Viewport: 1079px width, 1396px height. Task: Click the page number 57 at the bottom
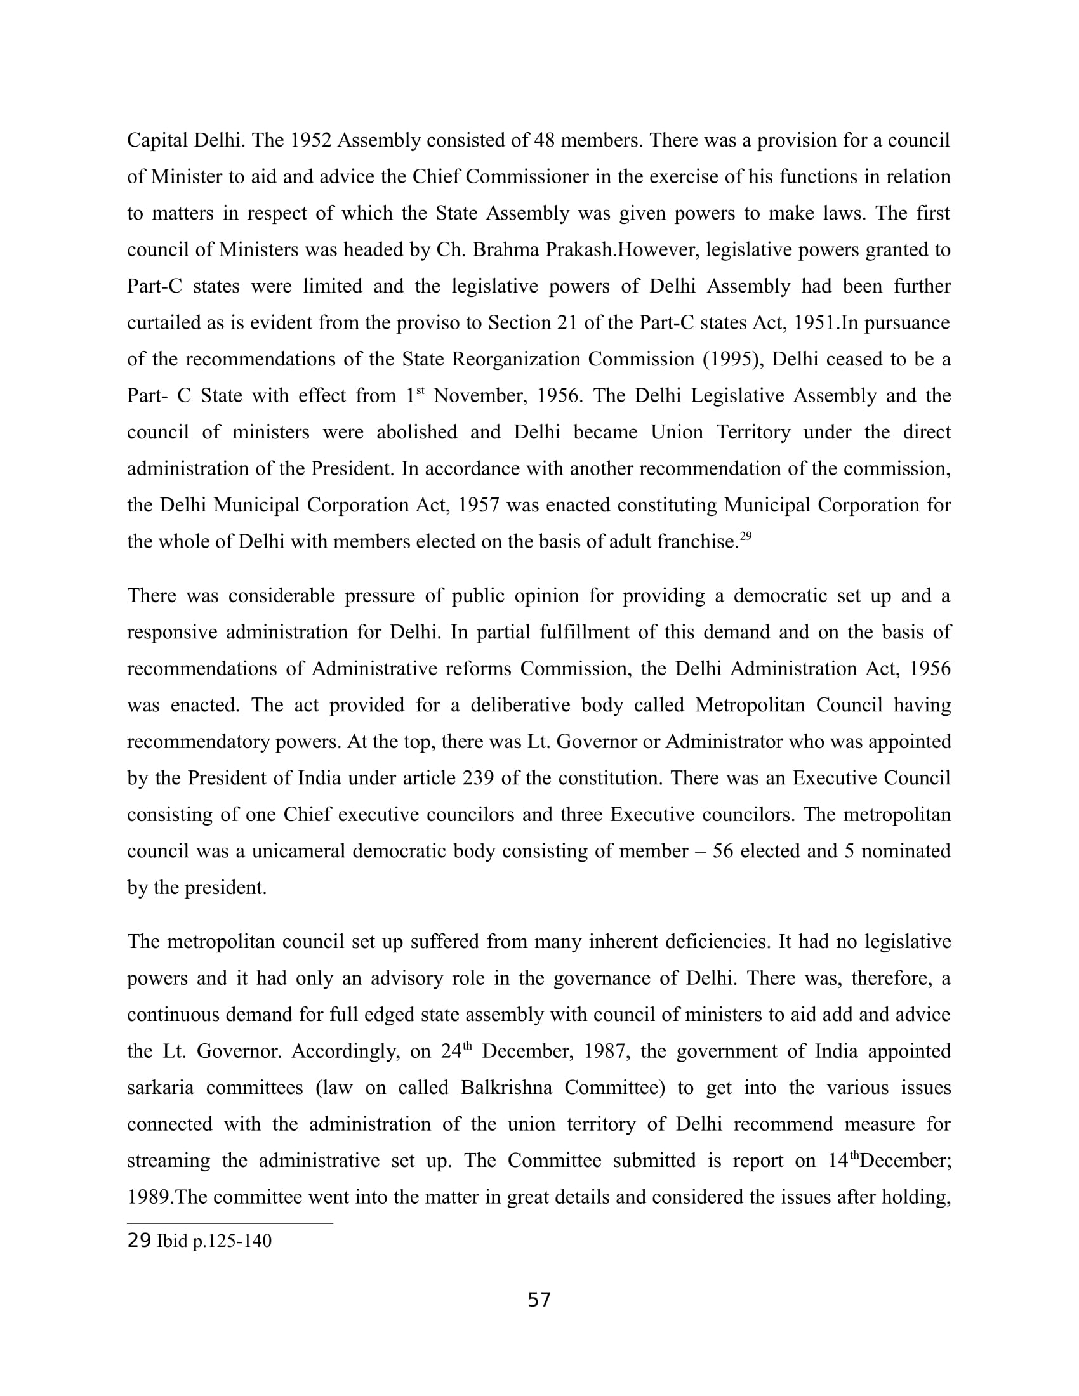pyautogui.click(x=539, y=1300)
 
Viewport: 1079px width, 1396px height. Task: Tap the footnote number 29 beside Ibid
pyautogui.click(x=139, y=1241)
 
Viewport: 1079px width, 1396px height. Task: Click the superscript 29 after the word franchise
pyautogui.click(x=745, y=536)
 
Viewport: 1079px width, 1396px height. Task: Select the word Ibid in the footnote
pyautogui.click(x=172, y=1241)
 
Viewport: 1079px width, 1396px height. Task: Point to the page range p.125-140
pyautogui.click(x=232, y=1241)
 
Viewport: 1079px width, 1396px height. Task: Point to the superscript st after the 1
pyautogui.click(x=420, y=389)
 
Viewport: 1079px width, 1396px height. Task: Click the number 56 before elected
pyautogui.click(x=722, y=852)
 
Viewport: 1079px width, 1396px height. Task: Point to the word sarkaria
pyautogui.click(x=160, y=1088)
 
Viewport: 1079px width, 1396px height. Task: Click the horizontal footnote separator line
pyautogui.click(x=230, y=1222)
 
